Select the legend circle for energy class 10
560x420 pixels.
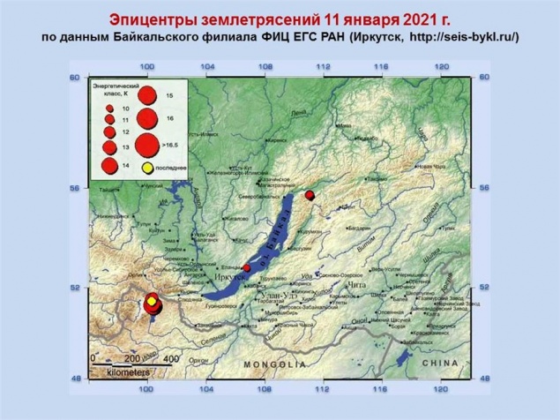coord(109,107)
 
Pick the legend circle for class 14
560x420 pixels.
coord(109,164)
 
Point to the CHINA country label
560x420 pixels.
coord(442,363)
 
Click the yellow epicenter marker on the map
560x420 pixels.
coord(153,303)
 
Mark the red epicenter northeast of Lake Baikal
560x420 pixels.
coord(309,195)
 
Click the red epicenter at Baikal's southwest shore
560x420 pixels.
coord(247,268)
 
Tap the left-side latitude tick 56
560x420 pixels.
coord(75,188)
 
